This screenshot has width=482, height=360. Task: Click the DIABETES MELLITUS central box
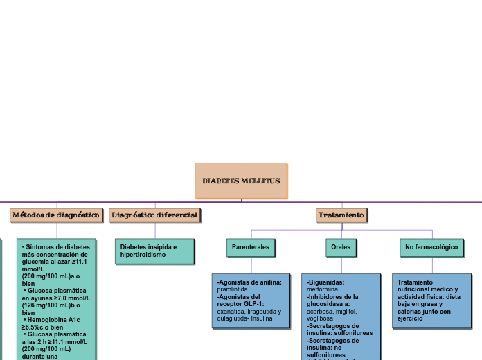(241, 181)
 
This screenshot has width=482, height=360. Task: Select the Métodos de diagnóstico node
(57, 215)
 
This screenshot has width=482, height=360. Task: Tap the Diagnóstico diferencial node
(154, 215)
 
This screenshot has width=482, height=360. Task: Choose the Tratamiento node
(341, 215)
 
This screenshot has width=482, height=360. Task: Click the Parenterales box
(251, 247)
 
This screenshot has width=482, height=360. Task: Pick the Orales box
(341, 247)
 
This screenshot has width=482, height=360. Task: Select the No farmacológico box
(431, 247)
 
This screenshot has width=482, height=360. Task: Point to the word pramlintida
(232, 289)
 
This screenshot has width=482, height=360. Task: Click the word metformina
(323, 289)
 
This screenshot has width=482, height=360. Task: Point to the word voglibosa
(320, 318)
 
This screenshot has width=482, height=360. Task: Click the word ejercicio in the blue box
(410, 318)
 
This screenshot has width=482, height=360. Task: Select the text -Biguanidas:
(325, 282)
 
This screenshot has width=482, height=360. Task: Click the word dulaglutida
(234, 318)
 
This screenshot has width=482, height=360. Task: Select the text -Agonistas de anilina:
(249, 282)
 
